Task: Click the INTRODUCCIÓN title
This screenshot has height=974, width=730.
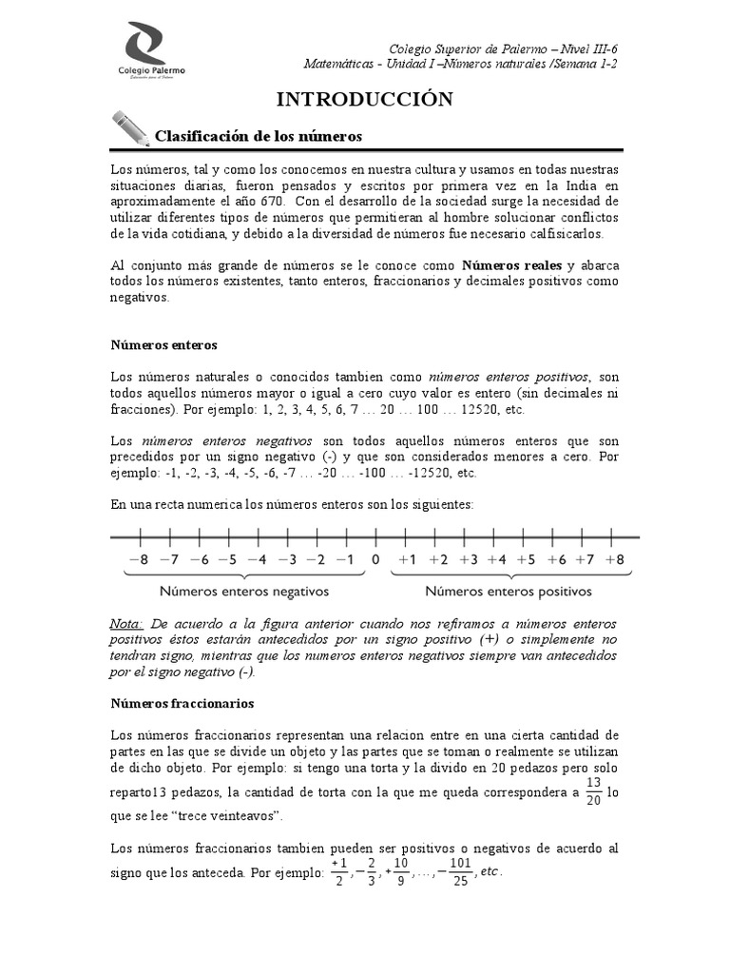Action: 364,99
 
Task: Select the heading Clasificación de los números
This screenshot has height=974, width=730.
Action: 259,136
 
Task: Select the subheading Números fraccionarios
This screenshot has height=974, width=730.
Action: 181,704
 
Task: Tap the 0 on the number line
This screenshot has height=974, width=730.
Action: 375,559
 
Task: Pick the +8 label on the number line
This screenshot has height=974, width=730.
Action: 614,559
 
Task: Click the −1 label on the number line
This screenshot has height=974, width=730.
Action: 345,559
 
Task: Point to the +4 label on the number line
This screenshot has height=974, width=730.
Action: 496,559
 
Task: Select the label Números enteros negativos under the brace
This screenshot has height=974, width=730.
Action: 244,591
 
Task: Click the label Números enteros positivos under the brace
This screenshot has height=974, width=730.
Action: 508,591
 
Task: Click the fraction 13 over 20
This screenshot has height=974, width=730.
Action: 593,790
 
